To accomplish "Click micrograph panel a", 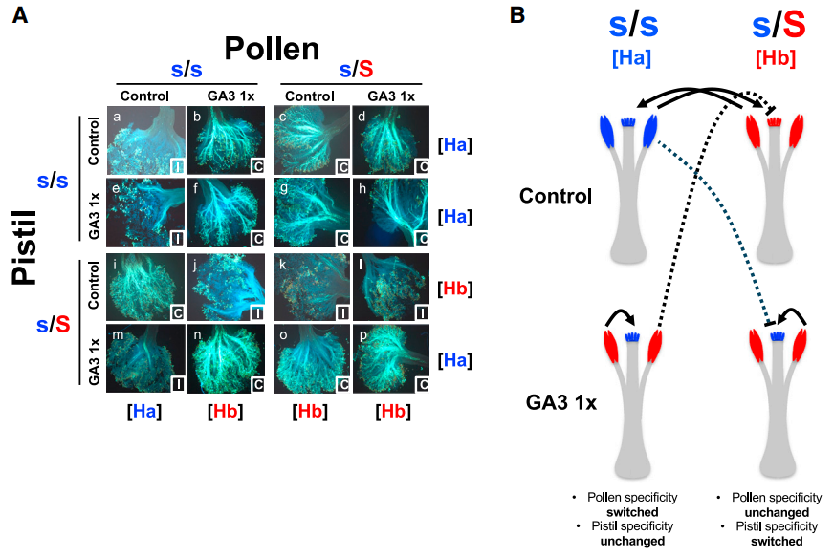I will tap(144, 140).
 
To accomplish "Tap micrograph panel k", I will tap(309, 288).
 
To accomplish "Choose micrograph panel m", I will tap(144, 359).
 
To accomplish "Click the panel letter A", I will tap(19, 16).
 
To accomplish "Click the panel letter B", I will tap(516, 16).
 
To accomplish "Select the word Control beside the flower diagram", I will tap(556, 197).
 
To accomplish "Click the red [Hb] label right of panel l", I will tap(455, 288).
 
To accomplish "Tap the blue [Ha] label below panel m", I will tap(144, 413).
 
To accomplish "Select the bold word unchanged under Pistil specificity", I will tap(628, 540).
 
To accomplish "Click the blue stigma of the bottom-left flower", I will tap(630, 336).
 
